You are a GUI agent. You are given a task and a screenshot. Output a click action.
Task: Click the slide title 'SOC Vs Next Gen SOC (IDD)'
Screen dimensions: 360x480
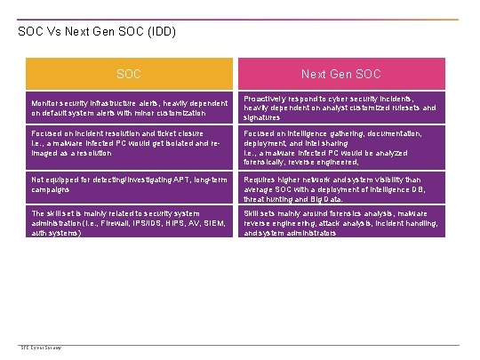pos(97,32)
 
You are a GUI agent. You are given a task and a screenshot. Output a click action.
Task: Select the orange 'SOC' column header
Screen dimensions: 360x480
pos(130,74)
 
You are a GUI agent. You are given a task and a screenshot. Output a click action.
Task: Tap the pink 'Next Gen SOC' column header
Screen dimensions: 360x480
pos(341,74)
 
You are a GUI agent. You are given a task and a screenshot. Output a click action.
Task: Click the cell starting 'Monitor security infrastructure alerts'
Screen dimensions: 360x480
pos(130,108)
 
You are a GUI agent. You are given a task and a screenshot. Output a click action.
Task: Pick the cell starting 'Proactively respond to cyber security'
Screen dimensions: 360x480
pos(341,108)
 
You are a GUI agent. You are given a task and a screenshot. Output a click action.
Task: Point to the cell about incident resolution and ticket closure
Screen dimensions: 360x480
pos(130,142)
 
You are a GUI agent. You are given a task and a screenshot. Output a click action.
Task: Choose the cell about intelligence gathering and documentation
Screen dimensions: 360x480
pos(341,147)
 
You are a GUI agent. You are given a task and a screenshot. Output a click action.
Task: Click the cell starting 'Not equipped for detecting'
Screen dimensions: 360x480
pos(130,185)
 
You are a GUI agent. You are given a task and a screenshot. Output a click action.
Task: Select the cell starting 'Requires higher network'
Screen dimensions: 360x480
pos(341,188)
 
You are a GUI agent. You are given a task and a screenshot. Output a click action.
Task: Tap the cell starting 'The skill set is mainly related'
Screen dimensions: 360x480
pos(130,223)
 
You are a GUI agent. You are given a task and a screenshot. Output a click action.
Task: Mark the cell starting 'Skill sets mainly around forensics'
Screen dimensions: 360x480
pos(341,223)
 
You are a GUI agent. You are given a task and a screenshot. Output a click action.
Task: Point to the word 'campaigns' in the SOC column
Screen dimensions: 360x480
pos(51,190)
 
